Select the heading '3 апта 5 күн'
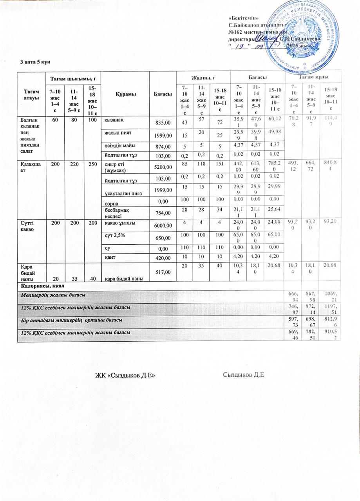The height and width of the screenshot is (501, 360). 35,62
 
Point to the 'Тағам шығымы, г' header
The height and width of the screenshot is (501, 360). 72,79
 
